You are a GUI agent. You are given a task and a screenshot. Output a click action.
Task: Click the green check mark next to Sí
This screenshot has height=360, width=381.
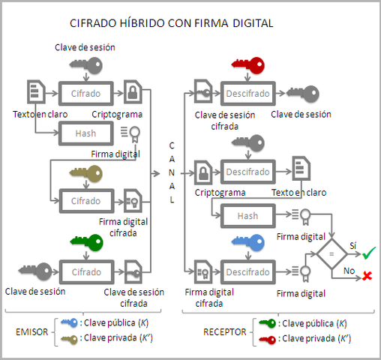368,252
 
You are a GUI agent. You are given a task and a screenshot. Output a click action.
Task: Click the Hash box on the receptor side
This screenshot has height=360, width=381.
247,216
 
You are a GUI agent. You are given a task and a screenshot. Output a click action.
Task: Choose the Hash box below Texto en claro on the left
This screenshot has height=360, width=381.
85,133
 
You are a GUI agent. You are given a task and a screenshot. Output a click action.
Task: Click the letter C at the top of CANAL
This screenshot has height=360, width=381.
171,145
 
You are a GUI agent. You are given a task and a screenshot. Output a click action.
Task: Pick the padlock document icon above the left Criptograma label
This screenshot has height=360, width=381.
133,93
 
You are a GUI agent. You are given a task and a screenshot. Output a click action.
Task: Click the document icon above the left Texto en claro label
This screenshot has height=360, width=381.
34,93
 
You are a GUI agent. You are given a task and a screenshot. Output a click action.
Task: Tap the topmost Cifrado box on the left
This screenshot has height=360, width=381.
85,93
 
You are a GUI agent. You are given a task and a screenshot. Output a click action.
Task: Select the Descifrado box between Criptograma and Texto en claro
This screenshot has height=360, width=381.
247,172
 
